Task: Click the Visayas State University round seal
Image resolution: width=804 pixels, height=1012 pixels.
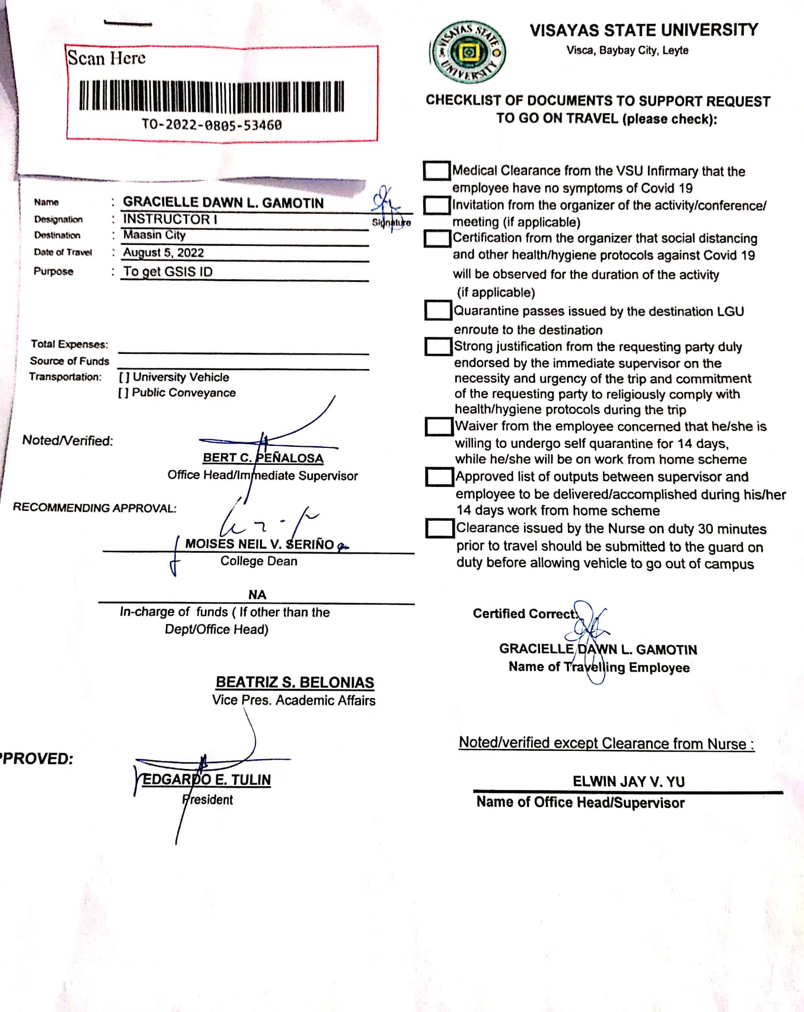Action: [x=468, y=52]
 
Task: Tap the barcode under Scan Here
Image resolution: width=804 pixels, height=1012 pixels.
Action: [x=211, y=97]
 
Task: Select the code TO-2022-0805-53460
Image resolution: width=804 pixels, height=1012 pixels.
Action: [x=212, y=125]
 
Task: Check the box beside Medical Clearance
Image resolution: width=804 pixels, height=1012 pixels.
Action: [x=437, y=171]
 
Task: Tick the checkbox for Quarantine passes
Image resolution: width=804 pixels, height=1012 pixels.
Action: [x=438, y=310]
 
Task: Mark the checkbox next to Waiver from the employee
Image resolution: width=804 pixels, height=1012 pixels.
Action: [x=439, y=427]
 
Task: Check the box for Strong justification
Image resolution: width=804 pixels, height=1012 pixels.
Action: [x=438, y=346]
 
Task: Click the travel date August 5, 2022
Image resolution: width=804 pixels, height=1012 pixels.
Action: [x=163, y=253]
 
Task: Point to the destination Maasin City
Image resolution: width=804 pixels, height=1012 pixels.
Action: [x=154, y=235]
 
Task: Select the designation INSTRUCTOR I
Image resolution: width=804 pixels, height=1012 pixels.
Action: [x=170, y=219]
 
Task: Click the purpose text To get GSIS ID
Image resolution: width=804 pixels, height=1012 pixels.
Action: [x=168, y=271]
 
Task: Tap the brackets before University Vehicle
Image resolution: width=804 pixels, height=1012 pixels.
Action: [x=124, y=377]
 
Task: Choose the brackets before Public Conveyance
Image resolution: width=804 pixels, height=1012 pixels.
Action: [x=123, y=393]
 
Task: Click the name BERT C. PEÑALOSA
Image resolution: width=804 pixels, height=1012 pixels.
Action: [x=263, y=458]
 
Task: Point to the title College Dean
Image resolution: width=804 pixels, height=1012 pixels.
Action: [x=259, y=561]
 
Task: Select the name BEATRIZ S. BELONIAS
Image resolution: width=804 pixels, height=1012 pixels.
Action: [x=295, y=682]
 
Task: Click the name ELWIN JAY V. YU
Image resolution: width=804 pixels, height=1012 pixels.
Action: [x=628, y=782]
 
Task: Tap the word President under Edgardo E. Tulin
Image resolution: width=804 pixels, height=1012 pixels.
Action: [x=207, y=800]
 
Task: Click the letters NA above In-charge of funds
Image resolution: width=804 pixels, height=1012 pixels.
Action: [x=257, y=595]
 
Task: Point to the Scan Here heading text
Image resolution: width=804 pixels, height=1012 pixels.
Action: [x=106, y=58]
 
